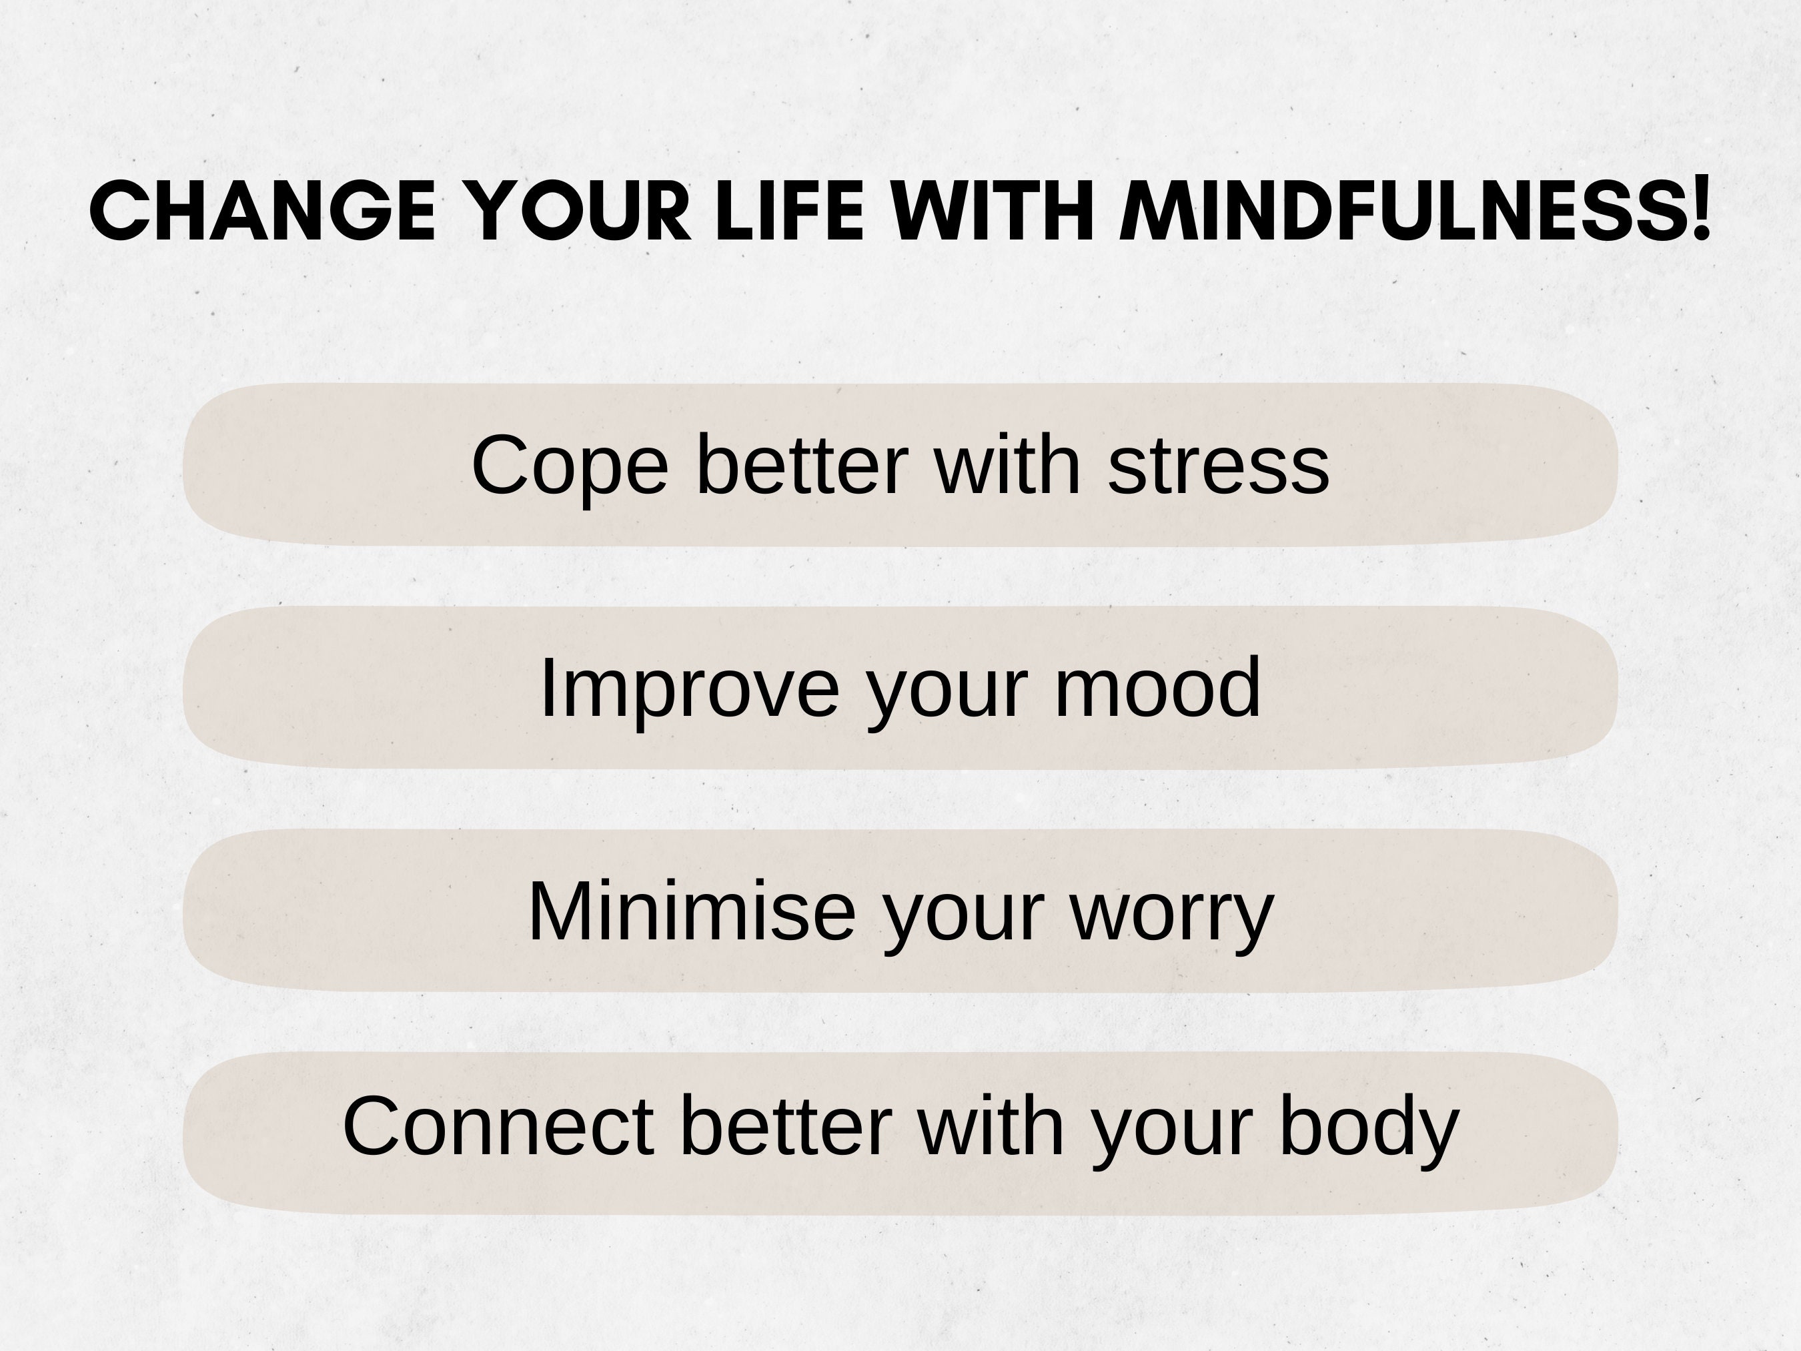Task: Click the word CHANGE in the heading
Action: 262,211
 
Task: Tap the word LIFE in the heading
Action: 789,211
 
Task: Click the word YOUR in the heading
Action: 580,211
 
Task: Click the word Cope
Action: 570,466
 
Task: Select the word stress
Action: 1219,465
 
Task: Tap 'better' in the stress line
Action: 802,465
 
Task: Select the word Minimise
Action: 692,911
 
